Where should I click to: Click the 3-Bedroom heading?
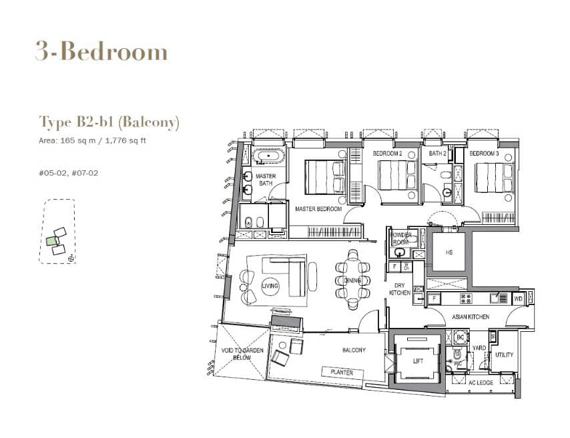tap(101, 52)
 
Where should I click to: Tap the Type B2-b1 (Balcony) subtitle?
tap(109, 122)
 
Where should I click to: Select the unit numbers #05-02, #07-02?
tap(69, 173)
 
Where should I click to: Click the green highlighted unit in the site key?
tap(51, 241)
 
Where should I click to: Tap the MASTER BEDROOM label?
tap(318, 209)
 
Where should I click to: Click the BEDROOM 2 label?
tap(386, 154)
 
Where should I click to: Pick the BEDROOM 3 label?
tap(484, 154)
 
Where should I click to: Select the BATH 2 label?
tap(437, 154)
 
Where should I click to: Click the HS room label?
tap(449, 252)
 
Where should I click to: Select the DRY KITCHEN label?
tap(399, 289)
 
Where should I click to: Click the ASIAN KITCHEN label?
tap(470, 316)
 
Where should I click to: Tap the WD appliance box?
tap(519, 298)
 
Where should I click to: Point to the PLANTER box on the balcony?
tap(338, 372)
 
